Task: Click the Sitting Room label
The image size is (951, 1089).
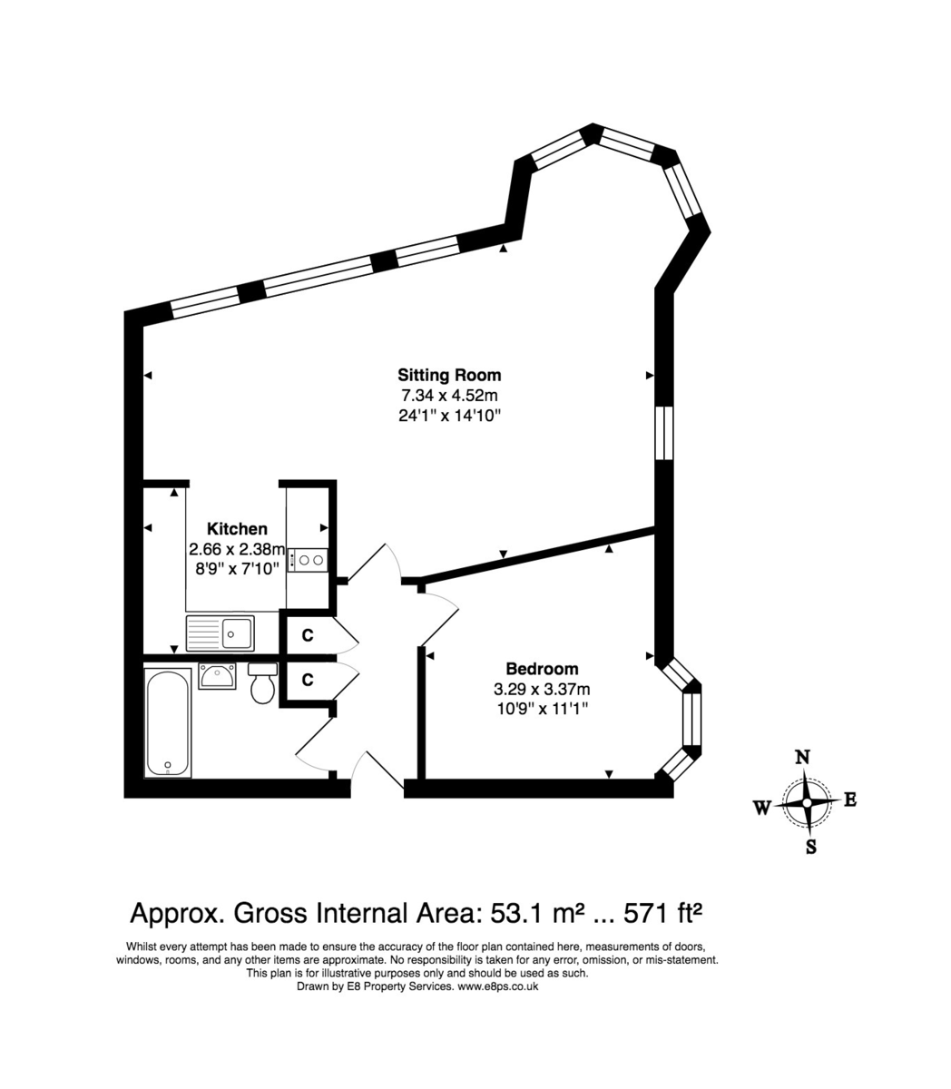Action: point(449,375)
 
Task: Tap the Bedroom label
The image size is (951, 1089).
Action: point(542,668)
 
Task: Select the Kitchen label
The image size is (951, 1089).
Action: point(237,529)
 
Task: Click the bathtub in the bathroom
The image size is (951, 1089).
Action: point(169,722)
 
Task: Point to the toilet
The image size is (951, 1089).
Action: point(262,684)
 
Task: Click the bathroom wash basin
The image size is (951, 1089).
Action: point(218,675)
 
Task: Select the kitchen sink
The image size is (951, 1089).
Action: point(221,633)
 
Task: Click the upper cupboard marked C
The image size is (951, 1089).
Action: point(308,635)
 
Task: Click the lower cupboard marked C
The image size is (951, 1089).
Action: point(308,679)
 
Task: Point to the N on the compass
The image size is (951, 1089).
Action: point(802,758)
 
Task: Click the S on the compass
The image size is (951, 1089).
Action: point(811,848)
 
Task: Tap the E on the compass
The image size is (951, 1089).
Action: point(850,800)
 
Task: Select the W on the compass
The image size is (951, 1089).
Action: point(762,807)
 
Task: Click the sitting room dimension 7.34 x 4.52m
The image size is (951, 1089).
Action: point(449,396)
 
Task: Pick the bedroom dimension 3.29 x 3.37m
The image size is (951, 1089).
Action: point(542,689)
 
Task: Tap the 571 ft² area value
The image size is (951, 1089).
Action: point(662,911)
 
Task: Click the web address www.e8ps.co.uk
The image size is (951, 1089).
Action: point(497,986)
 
